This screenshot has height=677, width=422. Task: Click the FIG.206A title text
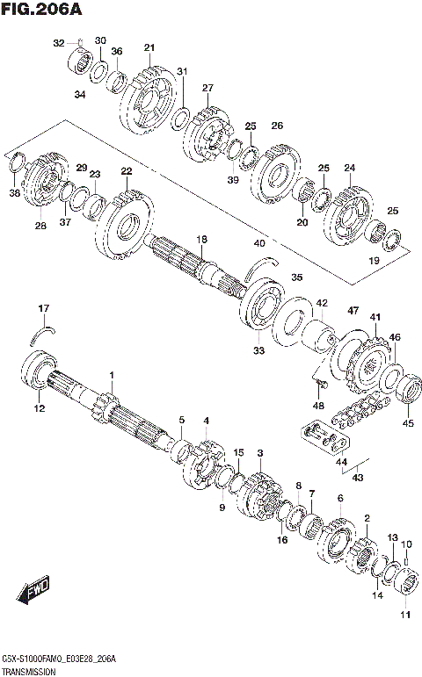coord(43,11)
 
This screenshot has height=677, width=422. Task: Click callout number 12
coord(39,407)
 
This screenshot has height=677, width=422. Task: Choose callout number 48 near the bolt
coord(318,405)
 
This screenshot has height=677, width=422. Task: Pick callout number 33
coord(258,351)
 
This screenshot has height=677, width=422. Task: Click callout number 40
coord(258,243)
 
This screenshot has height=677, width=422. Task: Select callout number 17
coord(42,307)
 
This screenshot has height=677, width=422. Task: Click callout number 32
coord(59,42)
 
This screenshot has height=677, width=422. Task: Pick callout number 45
coord(407,423)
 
